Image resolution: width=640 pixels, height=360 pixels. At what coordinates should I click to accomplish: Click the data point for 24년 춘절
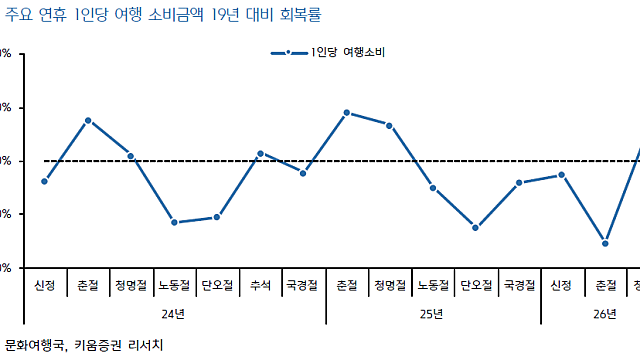(88, 120)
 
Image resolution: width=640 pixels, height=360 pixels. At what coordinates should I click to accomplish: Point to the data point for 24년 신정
(44, 181)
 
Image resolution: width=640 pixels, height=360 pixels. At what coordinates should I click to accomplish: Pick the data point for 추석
(260, 153)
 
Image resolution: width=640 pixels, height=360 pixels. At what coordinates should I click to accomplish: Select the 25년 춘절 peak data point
(346, 113)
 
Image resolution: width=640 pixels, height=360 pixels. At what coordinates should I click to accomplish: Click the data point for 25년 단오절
(475, 228)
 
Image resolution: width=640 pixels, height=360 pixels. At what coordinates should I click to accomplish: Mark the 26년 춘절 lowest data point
(605, 243)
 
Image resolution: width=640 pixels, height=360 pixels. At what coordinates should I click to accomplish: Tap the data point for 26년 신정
(562, 175)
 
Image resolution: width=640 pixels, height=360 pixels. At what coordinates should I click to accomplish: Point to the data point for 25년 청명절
(389, 125)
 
